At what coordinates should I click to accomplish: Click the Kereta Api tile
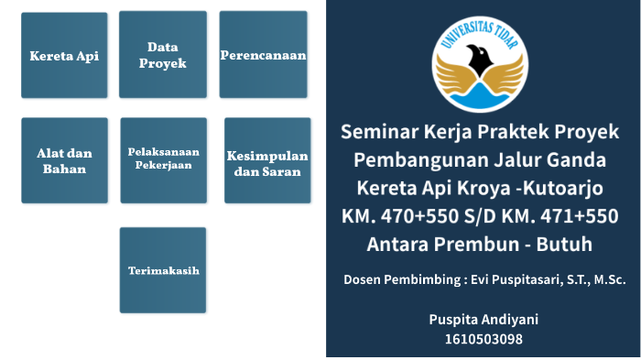coord(64,56)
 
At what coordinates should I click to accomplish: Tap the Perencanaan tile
coord(263,55)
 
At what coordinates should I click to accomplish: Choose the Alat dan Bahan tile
coord(64,160)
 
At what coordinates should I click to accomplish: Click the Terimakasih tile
coord(163,270)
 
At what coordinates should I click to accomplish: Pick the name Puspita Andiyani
coord(483,319)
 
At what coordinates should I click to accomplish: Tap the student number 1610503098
coord(483,339)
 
